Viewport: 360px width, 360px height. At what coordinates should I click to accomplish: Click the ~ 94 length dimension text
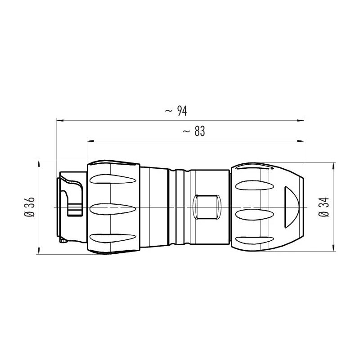tap(176, 111)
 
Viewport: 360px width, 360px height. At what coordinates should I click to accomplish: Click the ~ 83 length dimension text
tap(193, 131)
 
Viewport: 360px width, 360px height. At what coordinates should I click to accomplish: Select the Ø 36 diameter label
tap(29, 207)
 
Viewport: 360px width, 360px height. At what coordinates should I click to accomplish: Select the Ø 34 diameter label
tap(324, 207)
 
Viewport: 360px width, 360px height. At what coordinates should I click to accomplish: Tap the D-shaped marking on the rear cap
tap(291, 207)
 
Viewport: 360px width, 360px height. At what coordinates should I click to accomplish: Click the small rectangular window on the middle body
tap(207, 207)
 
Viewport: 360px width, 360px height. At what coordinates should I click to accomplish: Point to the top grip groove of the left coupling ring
tap(112, 179)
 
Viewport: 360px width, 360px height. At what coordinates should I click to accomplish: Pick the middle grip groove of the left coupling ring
tap(112, 209)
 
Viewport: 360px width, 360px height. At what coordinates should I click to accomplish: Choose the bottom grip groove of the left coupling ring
tap(112, 238)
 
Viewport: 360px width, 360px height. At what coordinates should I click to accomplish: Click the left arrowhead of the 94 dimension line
tap(60, 120)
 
